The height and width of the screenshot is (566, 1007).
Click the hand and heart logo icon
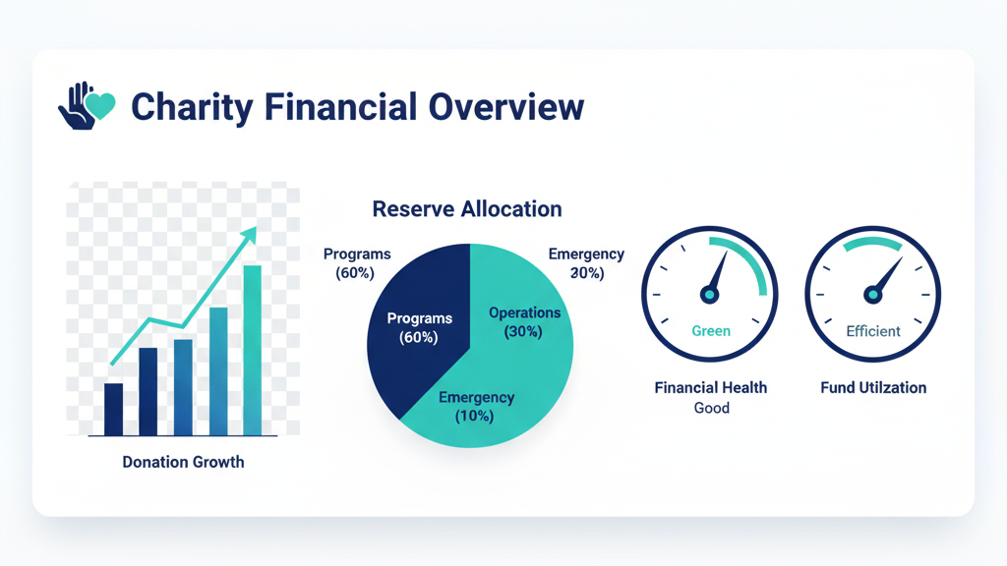tap(87, 106)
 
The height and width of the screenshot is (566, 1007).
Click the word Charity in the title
tap(192, 108)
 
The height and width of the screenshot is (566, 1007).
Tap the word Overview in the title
tap(506, 106)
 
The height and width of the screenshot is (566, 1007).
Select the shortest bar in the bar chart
tap(114, 410)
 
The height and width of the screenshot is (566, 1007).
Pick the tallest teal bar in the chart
tap(253, 351)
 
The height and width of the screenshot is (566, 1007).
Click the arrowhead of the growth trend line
tap(249, 235)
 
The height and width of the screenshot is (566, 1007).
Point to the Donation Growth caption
tap(183, 462)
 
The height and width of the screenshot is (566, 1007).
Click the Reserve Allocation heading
tap(467, 209)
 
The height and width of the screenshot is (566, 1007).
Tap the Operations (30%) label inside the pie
tap(524, 322)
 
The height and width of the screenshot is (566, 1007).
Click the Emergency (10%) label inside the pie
tap(476, 407)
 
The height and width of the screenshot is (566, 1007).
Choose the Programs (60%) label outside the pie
tap(356, 263)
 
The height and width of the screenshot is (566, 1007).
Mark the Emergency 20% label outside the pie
tap(586, 263)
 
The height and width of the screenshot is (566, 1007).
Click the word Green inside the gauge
tap(711, 331)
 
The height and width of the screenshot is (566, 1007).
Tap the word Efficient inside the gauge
tap(873, 331)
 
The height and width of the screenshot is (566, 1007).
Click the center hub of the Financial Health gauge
tap(709, 295)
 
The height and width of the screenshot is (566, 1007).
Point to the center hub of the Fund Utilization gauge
tap(872, 295)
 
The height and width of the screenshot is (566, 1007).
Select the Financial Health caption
tap(711, 387)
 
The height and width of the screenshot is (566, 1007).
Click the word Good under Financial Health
tap(712, 408)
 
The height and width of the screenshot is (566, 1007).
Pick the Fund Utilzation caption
tap(873, 387)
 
